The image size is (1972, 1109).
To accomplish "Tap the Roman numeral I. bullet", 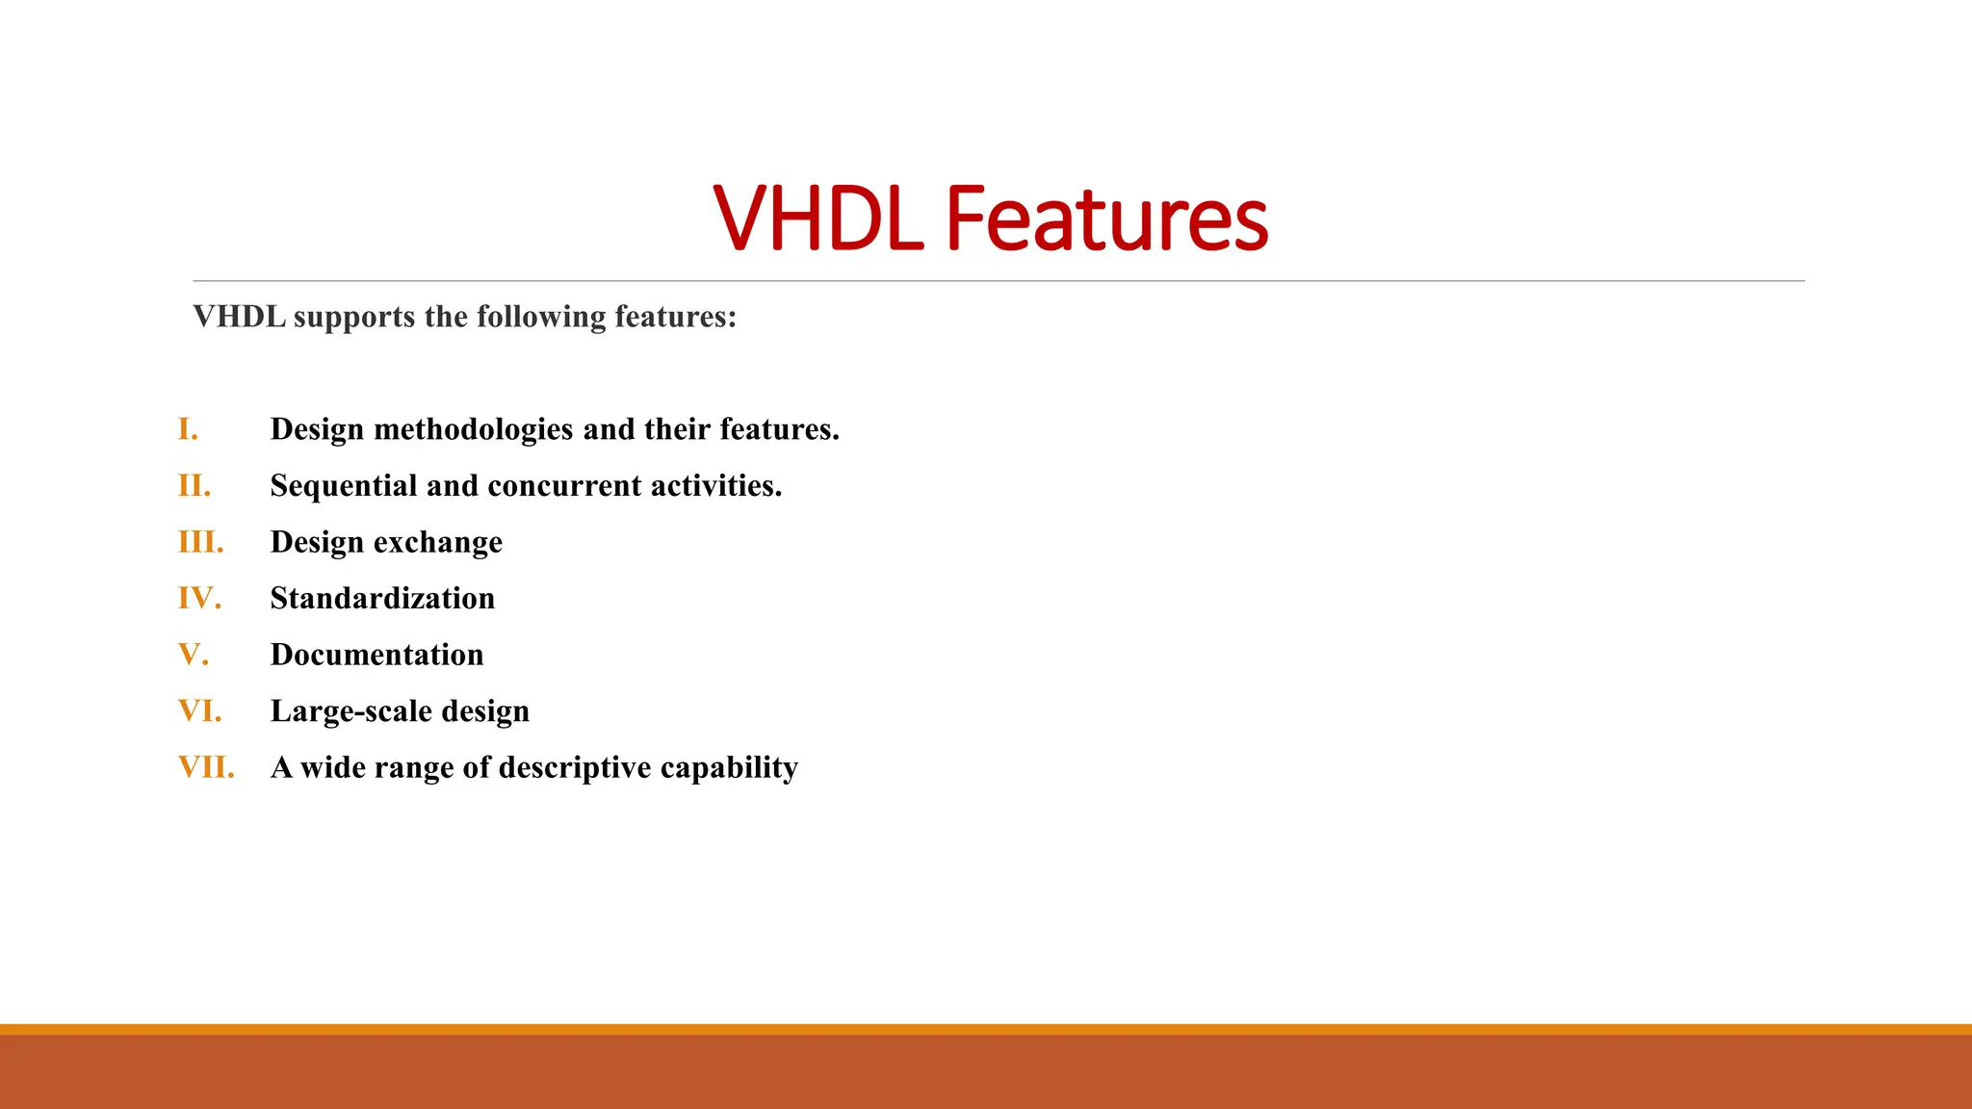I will (x=188, y=429).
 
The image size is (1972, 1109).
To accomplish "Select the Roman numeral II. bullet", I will (x=194, y=486).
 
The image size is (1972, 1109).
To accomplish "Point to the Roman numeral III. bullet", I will (x=200, y=542).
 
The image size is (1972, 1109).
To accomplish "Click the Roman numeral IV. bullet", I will (x=199, y=599).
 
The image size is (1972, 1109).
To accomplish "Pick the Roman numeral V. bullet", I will (x=193, y=655).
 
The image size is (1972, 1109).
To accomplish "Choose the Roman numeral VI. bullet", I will (x=199, y=711).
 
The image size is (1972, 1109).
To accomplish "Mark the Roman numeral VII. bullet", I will (x=206, y=767).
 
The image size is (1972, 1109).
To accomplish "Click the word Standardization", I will (x=382, y=599).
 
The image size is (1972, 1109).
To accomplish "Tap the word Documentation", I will (x=376, y=655).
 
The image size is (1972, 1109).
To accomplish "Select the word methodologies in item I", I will (x=473, y=430).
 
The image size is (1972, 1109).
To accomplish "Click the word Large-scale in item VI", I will (x=350, y=712).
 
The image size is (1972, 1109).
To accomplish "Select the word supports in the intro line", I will (x=353, y=318).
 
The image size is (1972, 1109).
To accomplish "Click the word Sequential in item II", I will (x=344, y=487).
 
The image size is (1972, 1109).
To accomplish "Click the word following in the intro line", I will (x=541, y=318).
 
